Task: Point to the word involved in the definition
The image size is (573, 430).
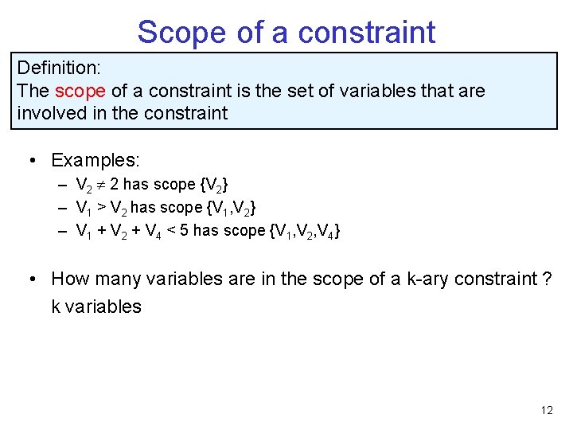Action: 52,113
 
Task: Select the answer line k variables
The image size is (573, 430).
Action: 95,307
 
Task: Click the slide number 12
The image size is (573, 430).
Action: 546,410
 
